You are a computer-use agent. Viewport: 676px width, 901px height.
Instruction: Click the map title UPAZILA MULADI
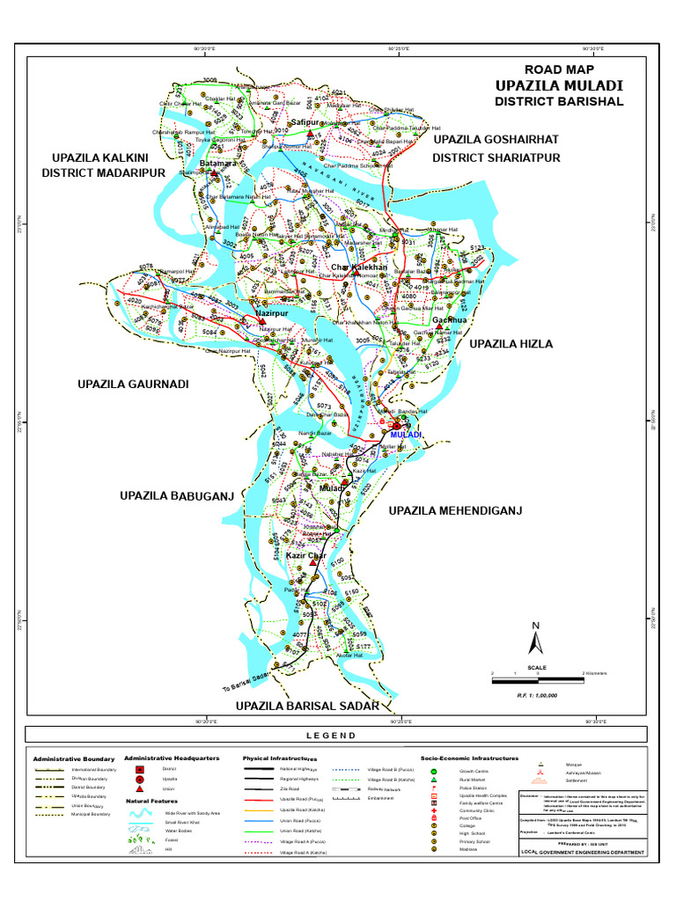coord(559,85)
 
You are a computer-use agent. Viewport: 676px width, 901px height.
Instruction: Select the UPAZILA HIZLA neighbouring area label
coord(511,344)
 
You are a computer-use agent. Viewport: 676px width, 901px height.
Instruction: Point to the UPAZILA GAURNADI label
coord(133,384)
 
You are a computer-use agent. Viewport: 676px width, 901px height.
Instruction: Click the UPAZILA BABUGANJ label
coord(176,497)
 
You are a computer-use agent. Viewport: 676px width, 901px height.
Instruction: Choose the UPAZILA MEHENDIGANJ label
coord(456,510)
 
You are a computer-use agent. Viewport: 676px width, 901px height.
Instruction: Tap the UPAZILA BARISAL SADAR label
coord(306,706)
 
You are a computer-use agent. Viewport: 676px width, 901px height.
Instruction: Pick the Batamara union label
coord(217,164)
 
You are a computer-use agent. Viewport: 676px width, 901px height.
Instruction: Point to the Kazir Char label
coord(306,556)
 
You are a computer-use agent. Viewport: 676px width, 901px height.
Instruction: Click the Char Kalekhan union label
coord(364,267)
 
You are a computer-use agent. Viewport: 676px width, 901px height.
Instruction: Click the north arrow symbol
coord(533,641)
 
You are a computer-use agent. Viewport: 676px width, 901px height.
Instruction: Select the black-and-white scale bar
coord(537,678)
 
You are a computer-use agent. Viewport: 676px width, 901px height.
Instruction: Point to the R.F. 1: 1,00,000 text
coord(537,695)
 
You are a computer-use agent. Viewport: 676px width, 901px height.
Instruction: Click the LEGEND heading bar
coord(337,736)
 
